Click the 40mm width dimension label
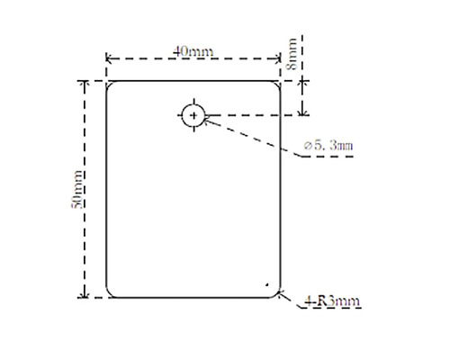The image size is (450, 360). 193,50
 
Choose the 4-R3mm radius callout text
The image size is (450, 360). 333,301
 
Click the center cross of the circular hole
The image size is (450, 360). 193,115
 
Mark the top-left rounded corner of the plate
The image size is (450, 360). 110,85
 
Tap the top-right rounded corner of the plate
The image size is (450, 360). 279,85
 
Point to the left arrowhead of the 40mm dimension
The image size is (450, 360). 110,59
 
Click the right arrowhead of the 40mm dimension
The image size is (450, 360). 279,59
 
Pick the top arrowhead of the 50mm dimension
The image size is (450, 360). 85,84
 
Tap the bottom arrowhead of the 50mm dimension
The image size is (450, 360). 85,294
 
